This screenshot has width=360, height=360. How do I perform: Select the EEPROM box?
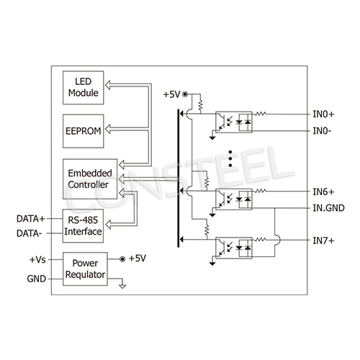[x=82, y=131]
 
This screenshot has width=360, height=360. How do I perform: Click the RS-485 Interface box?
[x=82, y=226]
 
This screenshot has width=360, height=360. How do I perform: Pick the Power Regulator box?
[x=85, y=269]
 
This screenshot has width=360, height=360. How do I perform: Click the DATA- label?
[x=30, y=233]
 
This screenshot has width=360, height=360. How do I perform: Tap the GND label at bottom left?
[x=36, y=279]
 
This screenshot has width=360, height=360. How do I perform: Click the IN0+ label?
[x=323, y=114]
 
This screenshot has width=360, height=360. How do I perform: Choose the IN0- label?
[x=321, y=131]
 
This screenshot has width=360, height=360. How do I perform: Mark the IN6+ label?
[x=323, y=192]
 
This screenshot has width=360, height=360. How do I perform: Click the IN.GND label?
[x=327, y=207]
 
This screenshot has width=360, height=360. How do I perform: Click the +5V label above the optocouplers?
[x=171, y=94]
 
